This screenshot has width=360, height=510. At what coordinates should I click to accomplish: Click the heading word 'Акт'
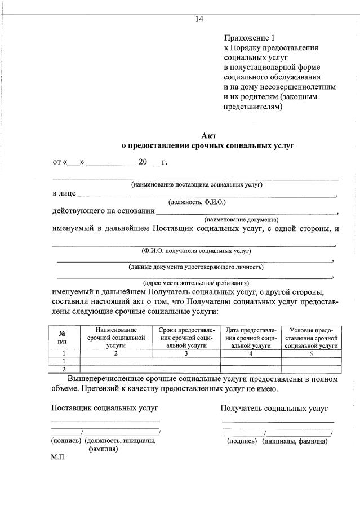[x=208, y=135]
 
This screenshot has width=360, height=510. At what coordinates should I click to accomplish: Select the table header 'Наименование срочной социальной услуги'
[x=115, y=338]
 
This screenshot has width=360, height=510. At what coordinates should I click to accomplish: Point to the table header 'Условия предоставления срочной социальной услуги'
[x=311, y=338]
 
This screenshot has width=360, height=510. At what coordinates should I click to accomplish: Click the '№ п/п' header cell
[x=62, y=338]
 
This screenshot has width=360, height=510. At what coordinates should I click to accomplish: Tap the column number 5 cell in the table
[x=311, y=353]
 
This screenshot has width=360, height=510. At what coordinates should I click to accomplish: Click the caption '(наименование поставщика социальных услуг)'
[x=197, y=185]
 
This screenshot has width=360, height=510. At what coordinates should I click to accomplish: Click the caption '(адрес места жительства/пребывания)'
[x=196, y=283]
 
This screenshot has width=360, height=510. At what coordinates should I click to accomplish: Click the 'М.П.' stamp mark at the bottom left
[x=59, y=458]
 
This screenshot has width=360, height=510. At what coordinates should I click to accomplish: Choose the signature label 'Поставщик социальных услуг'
[x=105, y=407]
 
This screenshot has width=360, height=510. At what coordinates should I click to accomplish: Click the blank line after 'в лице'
[x=206, y=194]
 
